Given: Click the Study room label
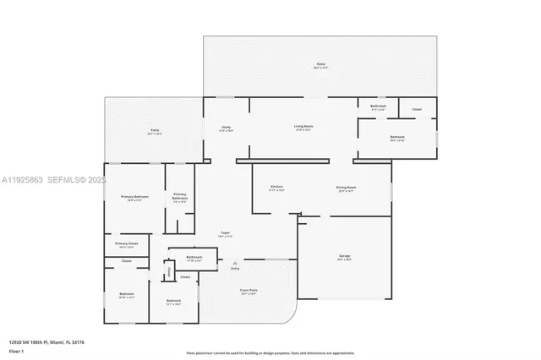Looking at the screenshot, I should coord(227,127).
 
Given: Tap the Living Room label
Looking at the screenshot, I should coord(303,127).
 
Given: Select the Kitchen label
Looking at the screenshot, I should coord(276,187).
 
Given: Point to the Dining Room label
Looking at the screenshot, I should coord(347,187).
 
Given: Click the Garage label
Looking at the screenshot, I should coord(344,255).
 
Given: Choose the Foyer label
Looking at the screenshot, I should coord(226,233).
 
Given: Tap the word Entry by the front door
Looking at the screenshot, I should coord(235,269).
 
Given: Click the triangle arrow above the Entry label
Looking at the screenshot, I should coord(235,263).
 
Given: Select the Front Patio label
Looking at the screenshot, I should coord(249,289).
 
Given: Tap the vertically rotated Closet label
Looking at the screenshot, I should coord(169,271).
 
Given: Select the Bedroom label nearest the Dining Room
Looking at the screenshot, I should coord(397,137).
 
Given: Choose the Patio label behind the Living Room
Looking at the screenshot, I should coord(320,64).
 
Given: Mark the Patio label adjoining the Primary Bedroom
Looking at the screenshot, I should coord(155,130).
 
